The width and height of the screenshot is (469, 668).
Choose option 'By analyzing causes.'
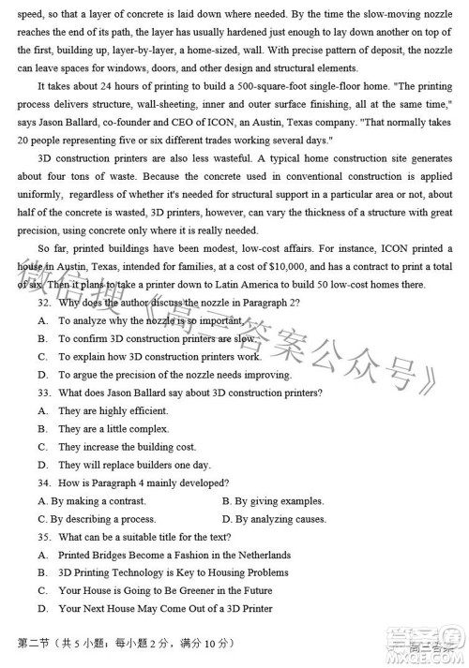[x=280, y=518]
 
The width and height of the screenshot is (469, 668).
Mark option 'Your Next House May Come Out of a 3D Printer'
[x=165, y=608]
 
